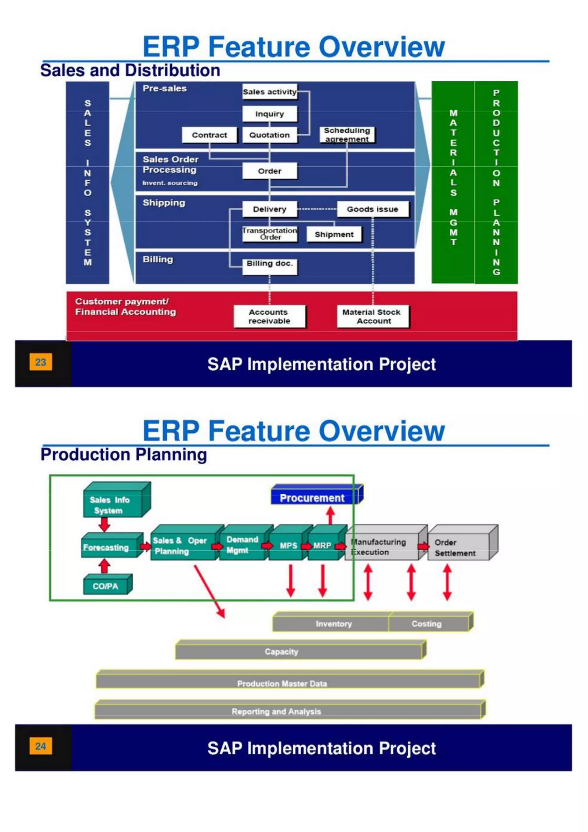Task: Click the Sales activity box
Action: coord(269,92)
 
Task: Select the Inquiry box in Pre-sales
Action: coord(269,114)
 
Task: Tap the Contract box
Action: coord(209,135)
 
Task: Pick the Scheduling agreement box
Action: coord(347,134)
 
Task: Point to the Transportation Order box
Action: coord(269,234)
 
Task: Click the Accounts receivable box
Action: coord(269,316)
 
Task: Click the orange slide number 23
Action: coord(40,362)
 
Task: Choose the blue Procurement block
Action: coord(312,498)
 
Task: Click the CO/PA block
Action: coord(105,586)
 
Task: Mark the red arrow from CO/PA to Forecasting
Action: coord(104,566)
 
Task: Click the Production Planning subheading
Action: coord(123,454)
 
